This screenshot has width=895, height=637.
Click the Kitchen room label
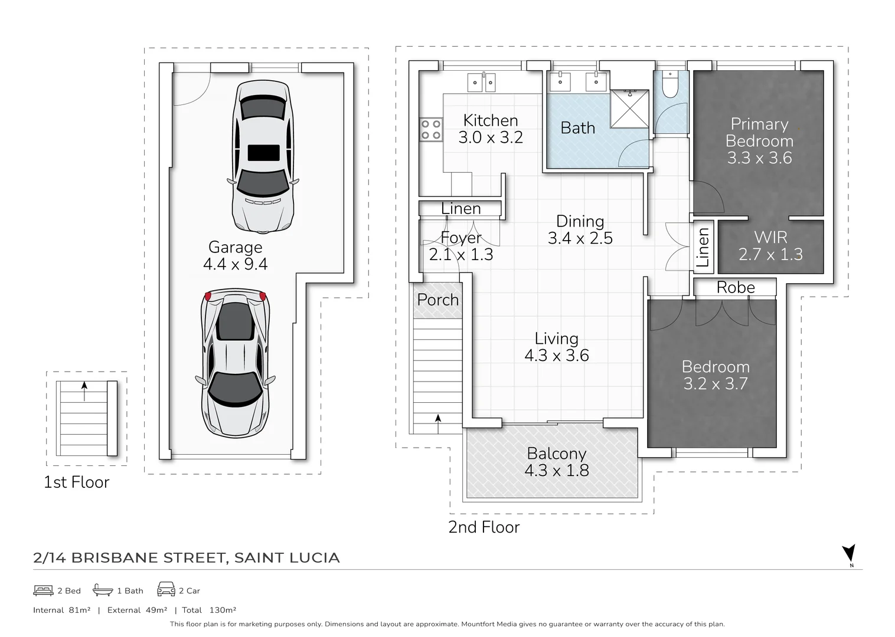[x=490, y=121]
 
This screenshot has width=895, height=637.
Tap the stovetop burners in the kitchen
[x=430, y=130]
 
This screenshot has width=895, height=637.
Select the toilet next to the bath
[x=670, y=85]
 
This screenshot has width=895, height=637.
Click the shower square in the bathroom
[x=629, y=109]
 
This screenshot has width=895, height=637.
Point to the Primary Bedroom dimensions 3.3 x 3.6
[x=759, y=158]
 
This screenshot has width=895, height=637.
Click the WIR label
[x=770, y=238]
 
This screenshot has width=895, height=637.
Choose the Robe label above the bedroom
[x=736, y=287]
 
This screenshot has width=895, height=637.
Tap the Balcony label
[x=556, y=454]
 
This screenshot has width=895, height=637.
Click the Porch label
[x=437, y=300]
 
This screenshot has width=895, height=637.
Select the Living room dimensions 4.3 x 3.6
[x=556, y=356]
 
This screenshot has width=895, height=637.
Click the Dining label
[x=580, y=221]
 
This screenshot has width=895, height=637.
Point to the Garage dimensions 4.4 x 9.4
[x=235, y=264]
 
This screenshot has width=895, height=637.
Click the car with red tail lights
[x=236, y=362]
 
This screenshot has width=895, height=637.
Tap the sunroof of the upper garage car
[x=263, y=152]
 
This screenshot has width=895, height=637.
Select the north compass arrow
[x=849, y=554]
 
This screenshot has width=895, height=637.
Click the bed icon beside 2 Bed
[x=43, y=590]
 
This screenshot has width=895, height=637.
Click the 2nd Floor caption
[x=484, y=527]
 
